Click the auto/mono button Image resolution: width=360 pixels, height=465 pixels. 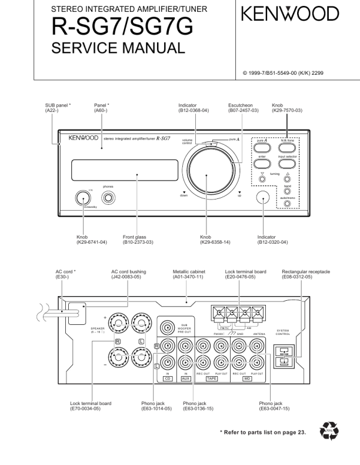point(288,204)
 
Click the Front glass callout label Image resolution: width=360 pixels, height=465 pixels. point(134,237)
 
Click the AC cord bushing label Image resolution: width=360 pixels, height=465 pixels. point(128,272)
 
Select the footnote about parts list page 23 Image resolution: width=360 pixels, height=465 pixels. point(263,433)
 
